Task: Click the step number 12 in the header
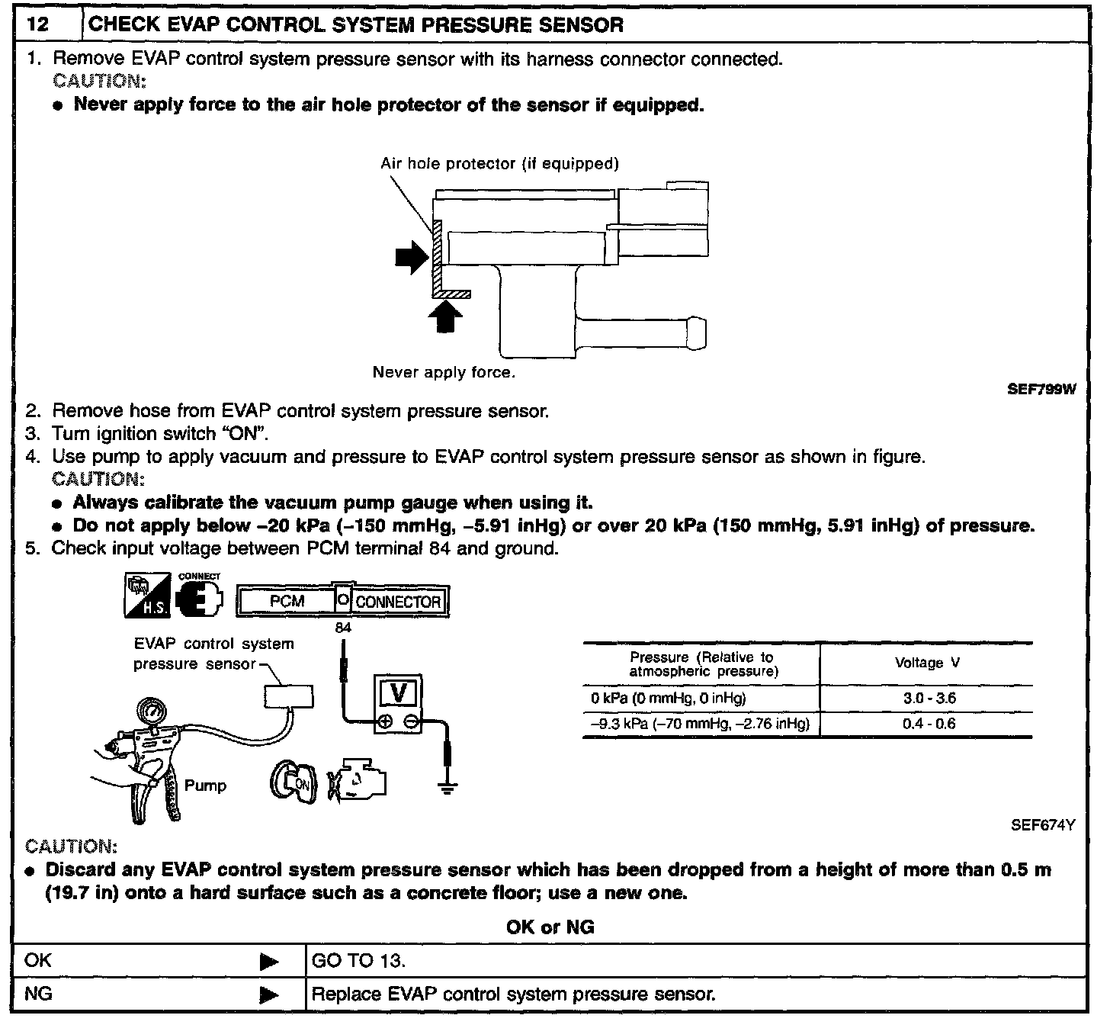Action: pos(37,24)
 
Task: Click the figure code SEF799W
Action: pos(1041,390)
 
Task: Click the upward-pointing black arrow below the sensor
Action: pos(445,316)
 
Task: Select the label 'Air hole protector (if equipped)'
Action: pos(499,163)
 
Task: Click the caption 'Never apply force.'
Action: pos(444,372)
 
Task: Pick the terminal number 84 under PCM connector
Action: pos(343,628)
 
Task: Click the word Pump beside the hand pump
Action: pos(205,785)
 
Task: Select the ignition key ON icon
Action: pos(292,783)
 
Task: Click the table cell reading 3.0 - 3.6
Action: pos(929,698)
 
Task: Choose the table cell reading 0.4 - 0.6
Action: pos(929,723)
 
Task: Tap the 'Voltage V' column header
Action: pos(927,663)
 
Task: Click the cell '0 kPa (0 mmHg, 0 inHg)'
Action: pos(668,698)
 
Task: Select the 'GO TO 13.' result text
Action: pos(358,960)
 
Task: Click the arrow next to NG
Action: pos(269,994)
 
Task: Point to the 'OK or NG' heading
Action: pos(550,927)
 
